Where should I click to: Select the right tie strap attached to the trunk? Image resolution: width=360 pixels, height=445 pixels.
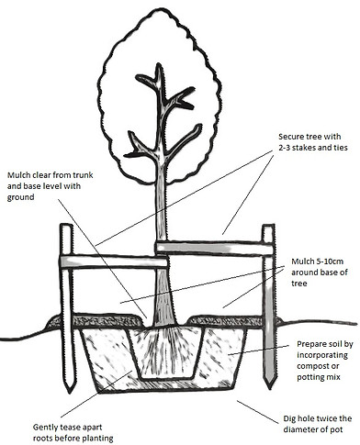[211, 245]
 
